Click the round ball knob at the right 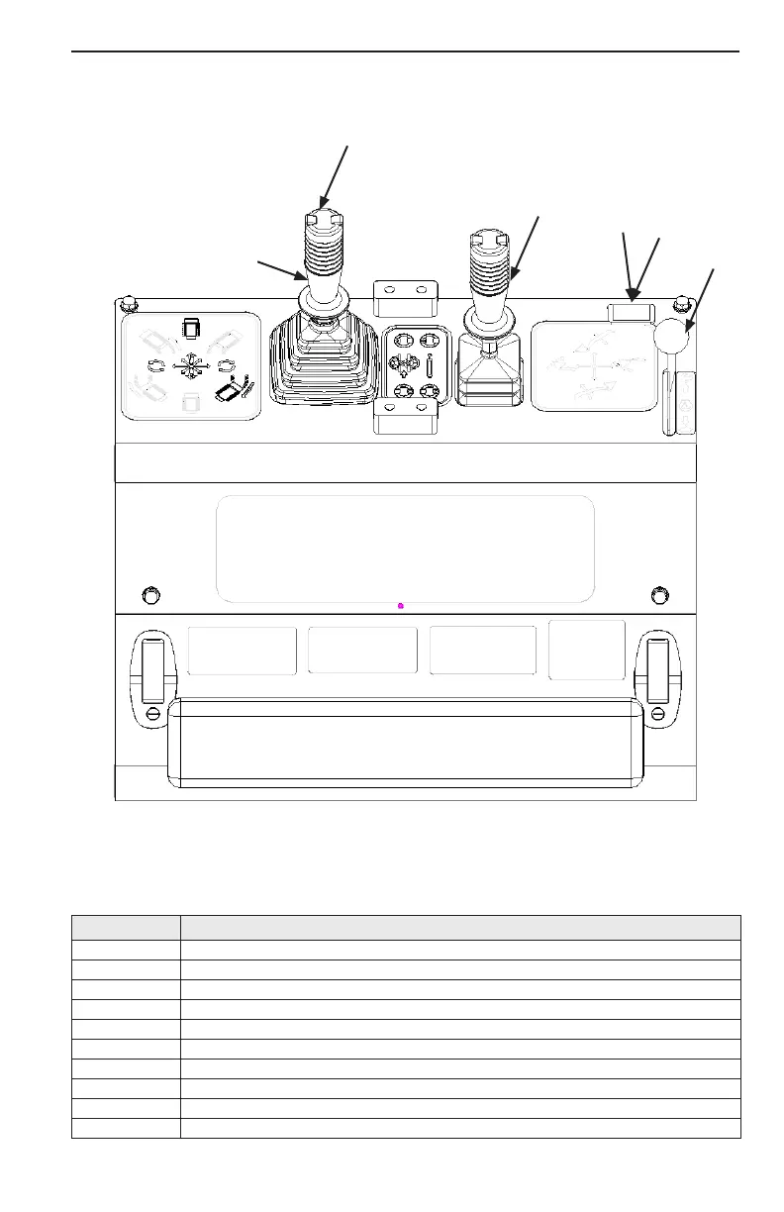tap(670, 339)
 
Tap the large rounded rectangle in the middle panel tap(405, 549)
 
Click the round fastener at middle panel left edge tap(151, 595)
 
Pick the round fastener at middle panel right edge tap(660, 595)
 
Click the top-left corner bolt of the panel tap(126, 302)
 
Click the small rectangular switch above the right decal tap(630, 313)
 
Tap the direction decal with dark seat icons tap(190, 365)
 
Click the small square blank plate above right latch tap(587, 649)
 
